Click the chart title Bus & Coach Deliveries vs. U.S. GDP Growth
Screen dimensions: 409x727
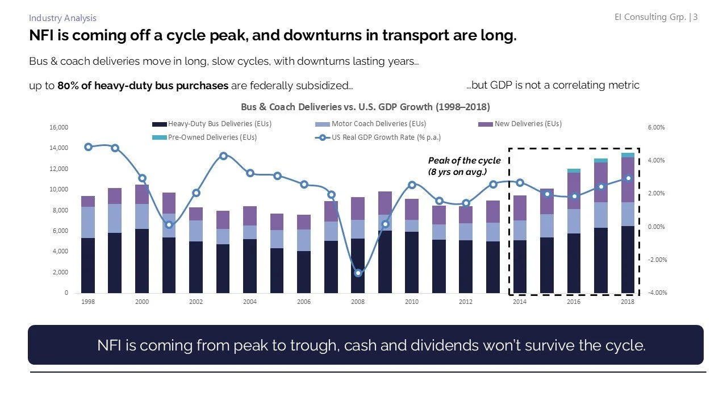click(x=365, y=107)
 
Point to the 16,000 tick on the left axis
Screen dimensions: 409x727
click(x=59, y=128)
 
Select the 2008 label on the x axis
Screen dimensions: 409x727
click(x=357, y=302)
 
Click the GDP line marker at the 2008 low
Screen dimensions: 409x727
click(x=358, y=273)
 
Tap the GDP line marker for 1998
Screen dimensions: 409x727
click(x=88, y=147)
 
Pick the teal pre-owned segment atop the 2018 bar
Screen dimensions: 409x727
click(x=627, y=155)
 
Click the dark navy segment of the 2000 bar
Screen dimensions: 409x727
click(x=142, y=261)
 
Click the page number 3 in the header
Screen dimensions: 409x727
click(x=695, y=17)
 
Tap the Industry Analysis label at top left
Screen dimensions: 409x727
click(x=62, y=18)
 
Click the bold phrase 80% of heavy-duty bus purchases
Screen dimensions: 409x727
click(x=143, y=86)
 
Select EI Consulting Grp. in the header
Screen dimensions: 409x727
click(x=650, y=17)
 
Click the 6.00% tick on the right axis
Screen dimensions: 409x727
click(x=656, y=128)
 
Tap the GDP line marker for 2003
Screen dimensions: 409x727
click(x=223, y=156)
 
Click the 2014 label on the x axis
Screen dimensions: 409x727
click(x=519, y=302)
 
